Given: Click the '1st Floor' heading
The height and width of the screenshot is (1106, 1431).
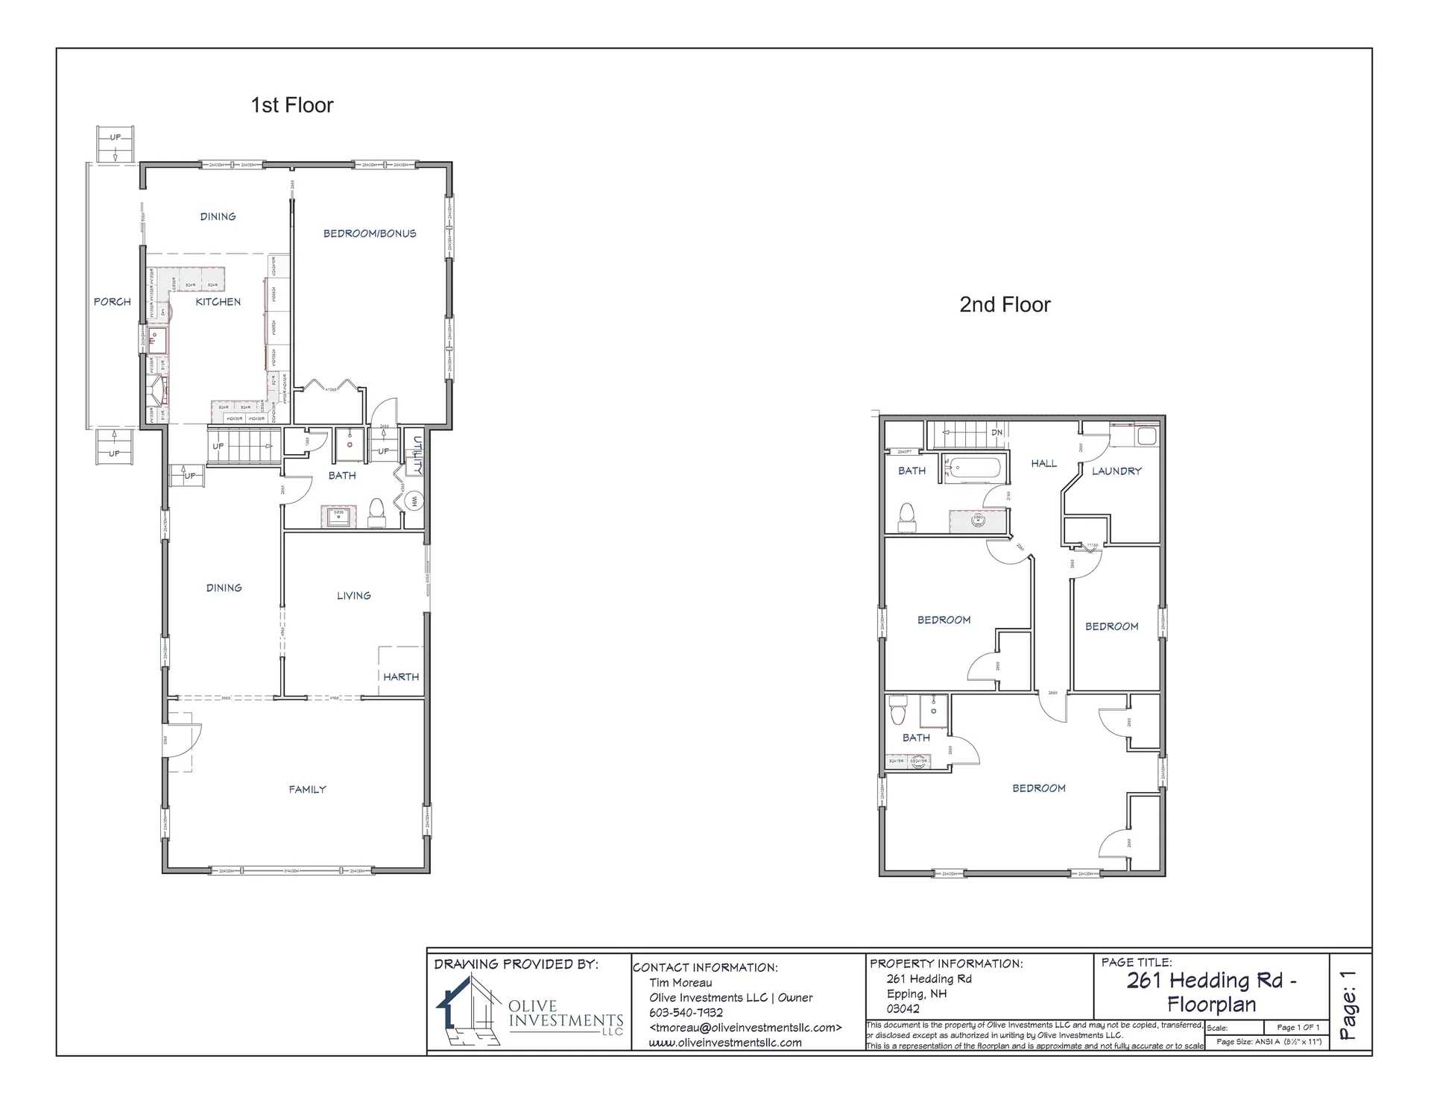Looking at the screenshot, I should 291,105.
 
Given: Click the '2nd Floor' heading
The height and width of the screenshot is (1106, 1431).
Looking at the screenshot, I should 1004,304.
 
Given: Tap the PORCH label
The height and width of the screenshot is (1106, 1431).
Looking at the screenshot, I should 112,301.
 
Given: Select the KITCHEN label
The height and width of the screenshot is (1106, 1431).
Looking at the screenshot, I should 218,301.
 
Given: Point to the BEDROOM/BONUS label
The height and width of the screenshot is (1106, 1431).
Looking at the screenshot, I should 370,233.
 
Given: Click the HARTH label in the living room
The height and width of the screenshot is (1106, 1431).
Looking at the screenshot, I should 401,676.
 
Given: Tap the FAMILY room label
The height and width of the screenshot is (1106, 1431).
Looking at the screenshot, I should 307,789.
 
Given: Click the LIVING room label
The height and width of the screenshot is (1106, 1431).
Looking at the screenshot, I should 353,595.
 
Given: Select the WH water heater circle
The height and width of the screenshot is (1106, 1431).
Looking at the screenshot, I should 414,501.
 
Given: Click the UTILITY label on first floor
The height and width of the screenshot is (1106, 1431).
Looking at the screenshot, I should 417,455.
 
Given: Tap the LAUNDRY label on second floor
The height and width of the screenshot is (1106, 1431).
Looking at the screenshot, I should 1116,471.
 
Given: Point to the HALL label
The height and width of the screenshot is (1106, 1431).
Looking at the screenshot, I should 1043,463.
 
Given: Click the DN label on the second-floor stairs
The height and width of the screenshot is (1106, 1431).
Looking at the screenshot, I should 996,433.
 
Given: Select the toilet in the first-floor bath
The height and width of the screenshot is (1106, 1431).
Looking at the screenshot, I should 376,512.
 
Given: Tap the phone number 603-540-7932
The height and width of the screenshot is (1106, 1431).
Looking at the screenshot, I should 686,1012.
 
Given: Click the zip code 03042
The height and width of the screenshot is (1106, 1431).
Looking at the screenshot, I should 903,1008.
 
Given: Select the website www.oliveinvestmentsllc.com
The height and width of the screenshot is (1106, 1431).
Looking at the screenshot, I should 724,1043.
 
